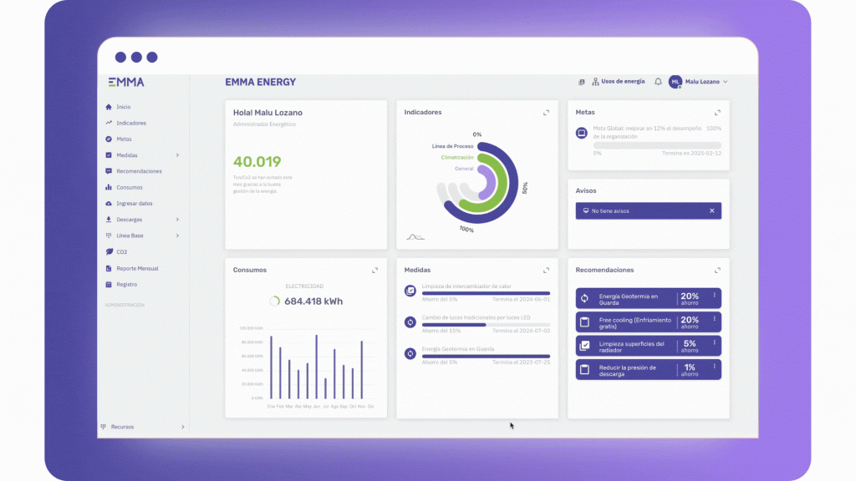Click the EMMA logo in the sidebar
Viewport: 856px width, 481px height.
(125, 82)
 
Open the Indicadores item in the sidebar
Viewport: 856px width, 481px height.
(130, 123)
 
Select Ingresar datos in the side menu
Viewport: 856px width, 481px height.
(134, 204)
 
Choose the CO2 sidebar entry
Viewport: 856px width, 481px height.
(121, 251)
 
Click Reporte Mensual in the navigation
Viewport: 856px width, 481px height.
(137, 268)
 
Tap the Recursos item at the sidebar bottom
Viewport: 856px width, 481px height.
(122, 427)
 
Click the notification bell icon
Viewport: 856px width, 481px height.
(658, 82)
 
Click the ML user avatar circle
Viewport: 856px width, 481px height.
(675, 82)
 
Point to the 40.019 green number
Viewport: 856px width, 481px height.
(257, 162)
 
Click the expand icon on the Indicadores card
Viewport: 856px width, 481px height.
(546, 113)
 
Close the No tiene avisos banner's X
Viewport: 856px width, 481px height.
(712, 211)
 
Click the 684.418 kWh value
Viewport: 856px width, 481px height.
(313, 301)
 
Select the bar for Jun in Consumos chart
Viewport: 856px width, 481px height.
(316, 367)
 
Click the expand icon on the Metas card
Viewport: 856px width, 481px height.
(717, 113)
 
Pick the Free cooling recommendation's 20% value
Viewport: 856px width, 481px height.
(690, 321)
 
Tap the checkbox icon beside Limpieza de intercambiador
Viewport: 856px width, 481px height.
(410, 291)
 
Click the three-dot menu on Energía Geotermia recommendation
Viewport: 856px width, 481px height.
(715, 295)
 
